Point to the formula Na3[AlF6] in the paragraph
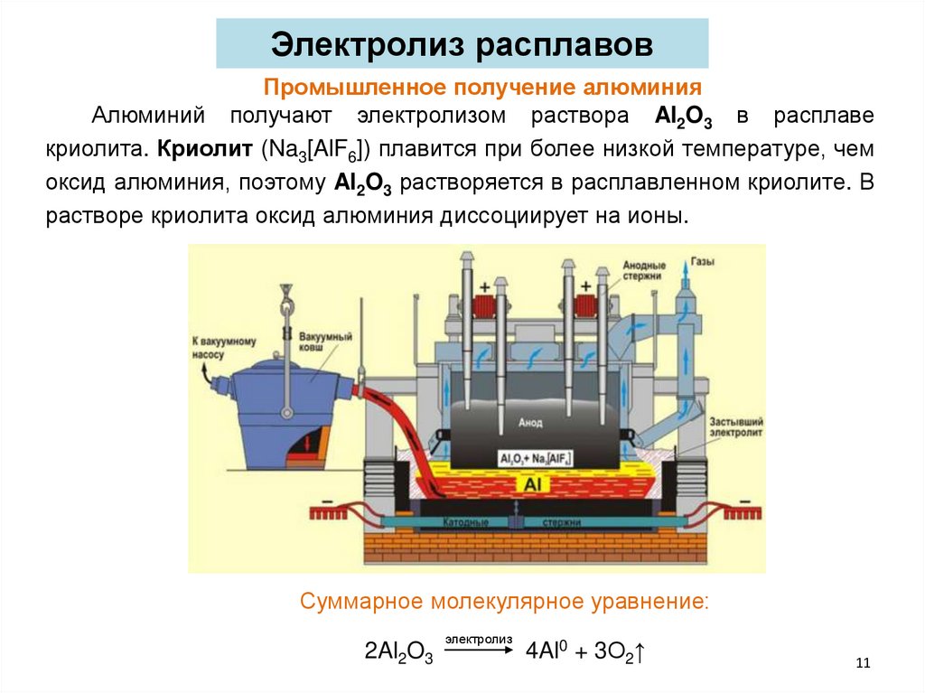(318, 150)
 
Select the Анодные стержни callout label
(644, 272)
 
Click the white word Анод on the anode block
(530, 422)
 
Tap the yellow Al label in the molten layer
(531, 485)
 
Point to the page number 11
(862, 664)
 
